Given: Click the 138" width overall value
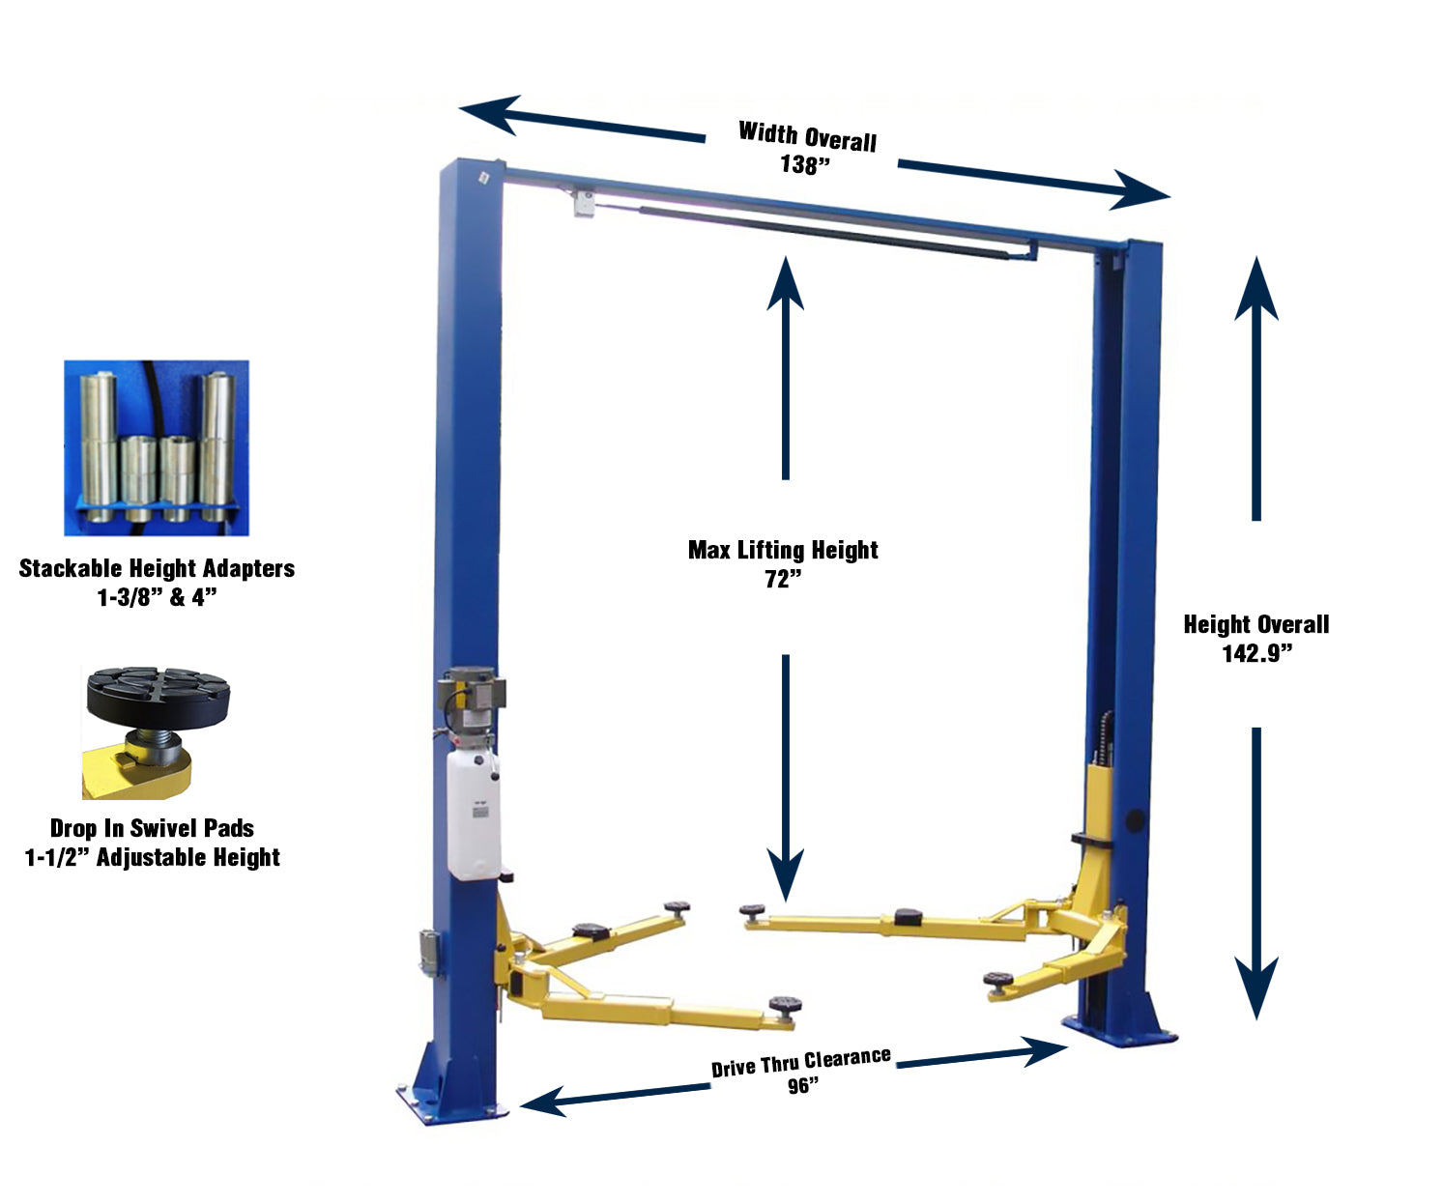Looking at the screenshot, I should click(805, 165).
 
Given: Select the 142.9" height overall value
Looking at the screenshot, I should click(1256, 654).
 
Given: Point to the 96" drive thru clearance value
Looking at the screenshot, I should click(802, 1086).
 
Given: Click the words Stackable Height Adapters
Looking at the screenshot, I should click(157, 568).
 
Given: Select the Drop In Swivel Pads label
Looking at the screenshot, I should click(152, 828).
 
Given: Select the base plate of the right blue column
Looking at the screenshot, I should click(1121, 1032).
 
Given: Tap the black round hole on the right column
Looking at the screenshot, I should click(1135, 822).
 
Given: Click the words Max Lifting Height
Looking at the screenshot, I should click(783, 550).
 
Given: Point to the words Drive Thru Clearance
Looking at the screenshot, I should click(801, 1062).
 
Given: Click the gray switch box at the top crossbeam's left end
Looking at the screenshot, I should click(582, 203).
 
